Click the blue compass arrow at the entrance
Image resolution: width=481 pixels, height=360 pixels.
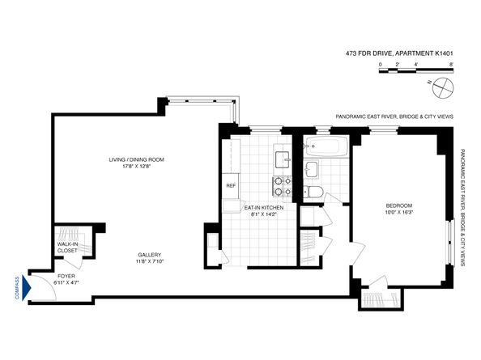tap(28, 286)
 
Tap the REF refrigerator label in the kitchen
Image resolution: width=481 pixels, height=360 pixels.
tap(230, 185)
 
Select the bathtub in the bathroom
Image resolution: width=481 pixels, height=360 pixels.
tap(326, 147)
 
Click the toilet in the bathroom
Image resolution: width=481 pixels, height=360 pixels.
tap(315, 192)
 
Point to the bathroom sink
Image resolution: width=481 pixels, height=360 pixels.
tap(313, 170)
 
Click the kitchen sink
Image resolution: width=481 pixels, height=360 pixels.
tap(280, 157)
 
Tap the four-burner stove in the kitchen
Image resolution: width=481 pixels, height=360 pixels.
tap(280, 187)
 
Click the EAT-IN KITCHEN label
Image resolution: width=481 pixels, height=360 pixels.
tap(263, 208)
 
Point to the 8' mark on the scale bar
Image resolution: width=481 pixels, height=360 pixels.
tap(450, 63)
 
